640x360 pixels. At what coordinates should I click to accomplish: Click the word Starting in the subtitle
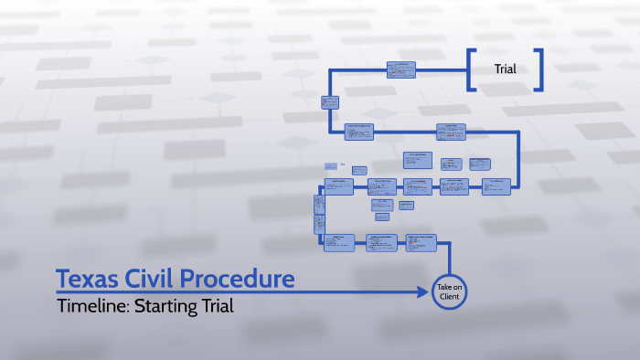coord(165,306)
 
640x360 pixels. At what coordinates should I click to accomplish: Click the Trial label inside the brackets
coord(506,69)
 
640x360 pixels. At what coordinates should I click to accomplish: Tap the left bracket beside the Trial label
coord(470,69)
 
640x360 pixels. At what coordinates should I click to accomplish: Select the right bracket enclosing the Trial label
coord(540,69)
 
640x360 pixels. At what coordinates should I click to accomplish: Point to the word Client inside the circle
coord(449,297)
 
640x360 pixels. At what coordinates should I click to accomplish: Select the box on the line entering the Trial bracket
coord(400,70)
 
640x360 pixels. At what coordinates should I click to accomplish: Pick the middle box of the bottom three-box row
coord(383,242)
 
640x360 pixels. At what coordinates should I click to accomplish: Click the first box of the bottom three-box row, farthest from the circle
coord(338,242)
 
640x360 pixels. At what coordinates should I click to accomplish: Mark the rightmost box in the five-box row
coord(497,186)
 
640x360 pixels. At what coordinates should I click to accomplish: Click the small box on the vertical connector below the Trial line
coord(330,102)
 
